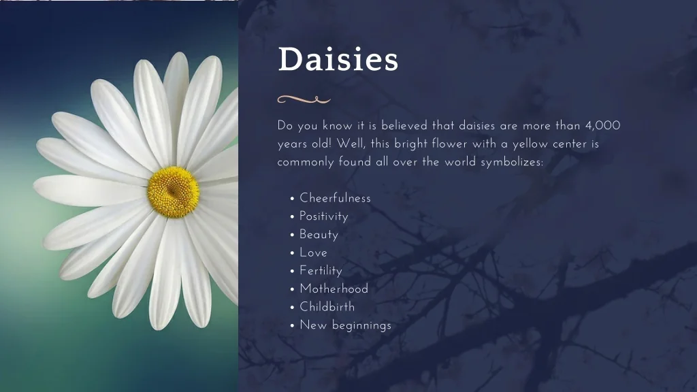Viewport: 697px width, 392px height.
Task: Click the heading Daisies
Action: [x=338, y=59]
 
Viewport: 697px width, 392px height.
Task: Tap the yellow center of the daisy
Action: [x=173, y=192]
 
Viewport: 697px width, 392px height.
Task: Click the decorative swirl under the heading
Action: [x=304, y=99]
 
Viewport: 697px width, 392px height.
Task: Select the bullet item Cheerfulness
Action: [x=335, y=198]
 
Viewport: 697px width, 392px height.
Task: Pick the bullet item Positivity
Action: [x=323, y=216]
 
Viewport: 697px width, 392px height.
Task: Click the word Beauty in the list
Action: [x=319, y=235]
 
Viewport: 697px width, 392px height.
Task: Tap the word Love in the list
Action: [x=313, y=252]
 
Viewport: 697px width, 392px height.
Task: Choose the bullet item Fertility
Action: [x=321, y=271]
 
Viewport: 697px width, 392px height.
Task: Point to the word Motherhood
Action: [x=334, y=289]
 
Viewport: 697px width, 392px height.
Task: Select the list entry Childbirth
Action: [x=327, y=307]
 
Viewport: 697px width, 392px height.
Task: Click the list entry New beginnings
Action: [x=345, y=325]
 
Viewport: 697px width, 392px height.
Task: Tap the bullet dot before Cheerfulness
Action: [x=292, y=199]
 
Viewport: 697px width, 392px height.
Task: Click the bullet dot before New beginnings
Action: [x=292, y=326]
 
